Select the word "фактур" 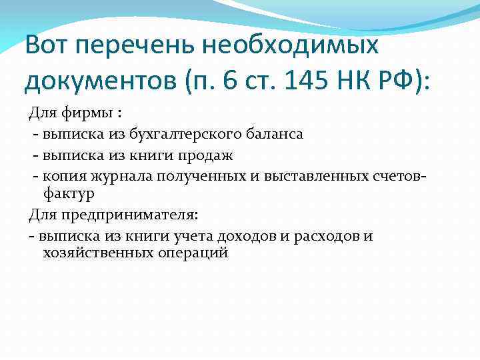click(x=69, y=193)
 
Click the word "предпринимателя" click(x=137, y=215)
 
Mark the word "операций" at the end click(x=197, y=254)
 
